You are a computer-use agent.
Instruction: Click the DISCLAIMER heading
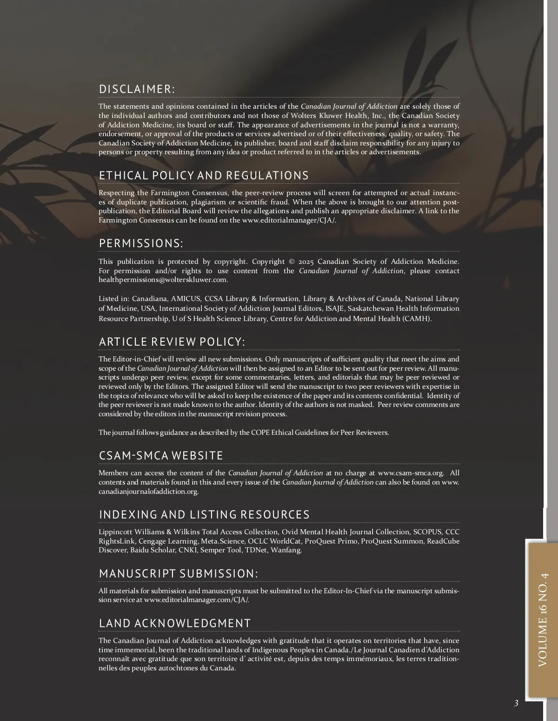click(137, 89)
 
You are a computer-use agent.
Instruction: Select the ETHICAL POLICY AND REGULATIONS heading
click(204, 175)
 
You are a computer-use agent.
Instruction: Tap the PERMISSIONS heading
click(141, 243)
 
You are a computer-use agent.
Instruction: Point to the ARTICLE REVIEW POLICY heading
click(172, 341)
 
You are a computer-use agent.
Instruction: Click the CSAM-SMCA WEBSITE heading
click(161, 455)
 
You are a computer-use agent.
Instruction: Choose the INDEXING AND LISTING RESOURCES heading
click(204, 514)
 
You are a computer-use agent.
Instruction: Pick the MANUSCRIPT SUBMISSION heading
click(178, 573)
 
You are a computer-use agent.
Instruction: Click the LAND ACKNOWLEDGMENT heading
click(175, 623)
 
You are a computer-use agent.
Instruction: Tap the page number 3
click(516, 703)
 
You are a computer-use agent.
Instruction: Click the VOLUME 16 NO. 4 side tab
click(543, 620)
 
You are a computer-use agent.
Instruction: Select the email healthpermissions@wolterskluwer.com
click(163, 280)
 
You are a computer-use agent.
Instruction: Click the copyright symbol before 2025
click(292, 262)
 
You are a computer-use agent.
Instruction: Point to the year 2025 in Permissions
click(306, 262)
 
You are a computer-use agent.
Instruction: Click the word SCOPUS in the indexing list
click(427, 532)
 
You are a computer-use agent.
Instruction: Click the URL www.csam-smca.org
click(411, 473)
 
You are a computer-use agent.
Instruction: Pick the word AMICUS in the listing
click(186, 299)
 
